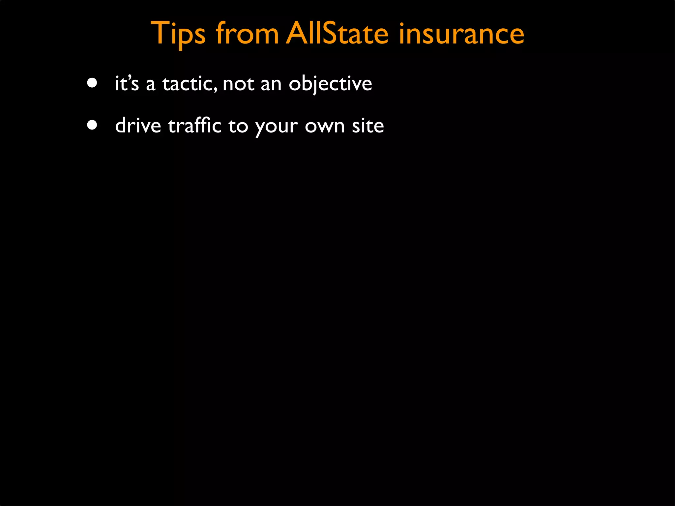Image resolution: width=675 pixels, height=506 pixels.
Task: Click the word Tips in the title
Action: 178,34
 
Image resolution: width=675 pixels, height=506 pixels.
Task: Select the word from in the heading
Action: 247,34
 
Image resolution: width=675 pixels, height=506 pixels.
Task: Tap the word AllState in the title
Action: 337,34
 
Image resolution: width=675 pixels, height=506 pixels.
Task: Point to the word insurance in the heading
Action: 461,34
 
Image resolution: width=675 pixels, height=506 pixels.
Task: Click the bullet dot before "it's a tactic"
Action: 92,83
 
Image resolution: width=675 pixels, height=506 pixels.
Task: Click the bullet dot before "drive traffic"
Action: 92,125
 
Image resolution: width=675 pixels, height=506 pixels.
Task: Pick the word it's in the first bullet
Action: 127,83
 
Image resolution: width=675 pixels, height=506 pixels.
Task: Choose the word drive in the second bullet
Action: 138,126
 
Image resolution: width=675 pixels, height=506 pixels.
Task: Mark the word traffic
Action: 194,126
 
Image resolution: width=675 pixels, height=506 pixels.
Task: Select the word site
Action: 368,126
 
